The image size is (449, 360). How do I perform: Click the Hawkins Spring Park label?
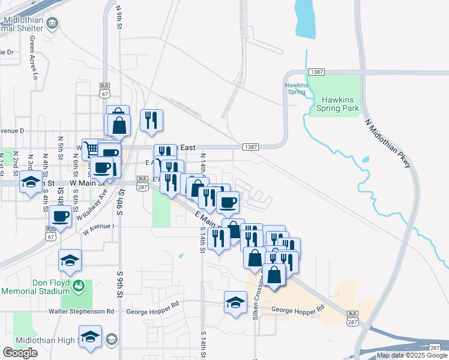(x=340, y=104)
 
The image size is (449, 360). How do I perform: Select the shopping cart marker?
(x=91, y=149)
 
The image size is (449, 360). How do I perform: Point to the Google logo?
(x=20, y=353)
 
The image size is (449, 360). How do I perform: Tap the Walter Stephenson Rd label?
(x=82, y=311)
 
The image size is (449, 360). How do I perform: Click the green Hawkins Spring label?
(x=296, y=88)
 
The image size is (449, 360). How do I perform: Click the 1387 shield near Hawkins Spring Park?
(x=317, y=72)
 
